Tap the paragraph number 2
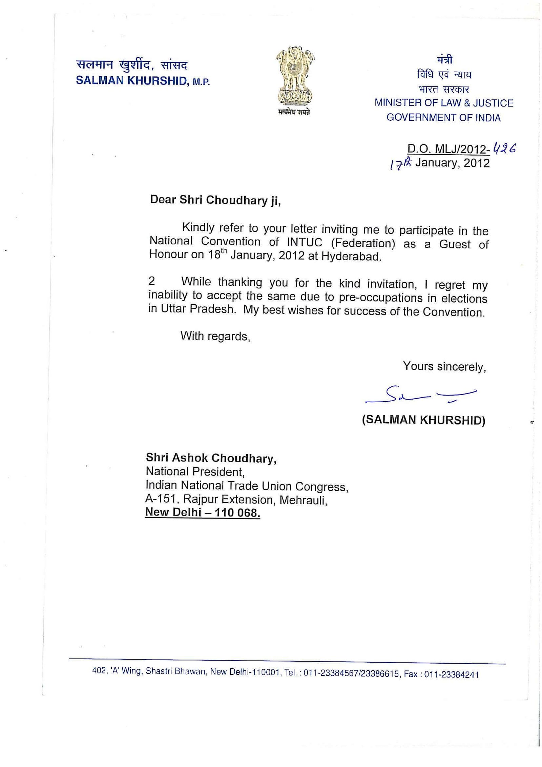click(152, 281)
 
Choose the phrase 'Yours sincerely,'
click(444, 366)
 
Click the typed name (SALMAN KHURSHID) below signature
click(423, 420)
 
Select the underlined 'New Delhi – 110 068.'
click(203, 512)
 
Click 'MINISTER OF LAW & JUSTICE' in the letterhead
click(444, 103)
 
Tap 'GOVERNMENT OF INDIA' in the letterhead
click(443, 118)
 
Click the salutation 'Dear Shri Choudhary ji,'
click(215, 200)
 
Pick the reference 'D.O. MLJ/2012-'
click(449, 149)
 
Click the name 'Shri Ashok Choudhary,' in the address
click(211, 458)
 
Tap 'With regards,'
click(215, 336)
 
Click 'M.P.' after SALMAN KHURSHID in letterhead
click(201, 82)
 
